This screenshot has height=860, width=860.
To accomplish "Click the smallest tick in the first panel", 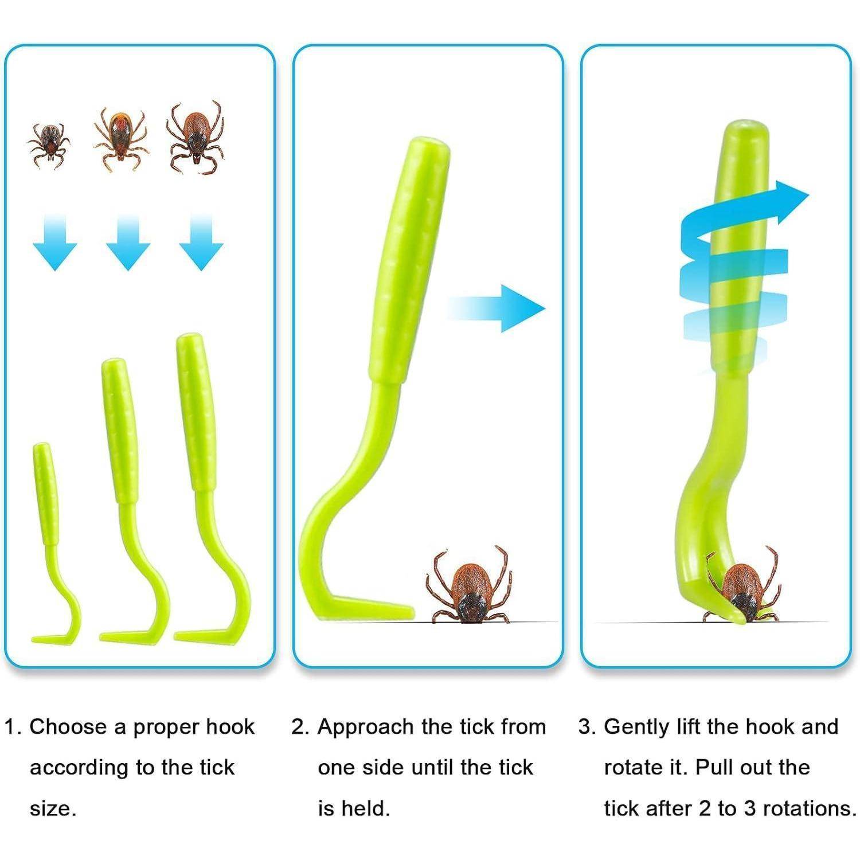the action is point(49,146).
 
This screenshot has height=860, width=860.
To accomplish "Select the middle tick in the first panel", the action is point(121,139).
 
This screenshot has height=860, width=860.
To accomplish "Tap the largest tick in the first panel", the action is point(195,137).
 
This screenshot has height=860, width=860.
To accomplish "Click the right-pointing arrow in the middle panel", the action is point(497,308).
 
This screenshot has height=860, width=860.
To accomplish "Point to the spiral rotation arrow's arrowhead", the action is point(788,204).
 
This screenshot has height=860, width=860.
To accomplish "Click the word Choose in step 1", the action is point(67,727).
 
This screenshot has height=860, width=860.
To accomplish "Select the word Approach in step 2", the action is point(365,727).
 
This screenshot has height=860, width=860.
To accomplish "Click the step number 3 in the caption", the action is point(585,727).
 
